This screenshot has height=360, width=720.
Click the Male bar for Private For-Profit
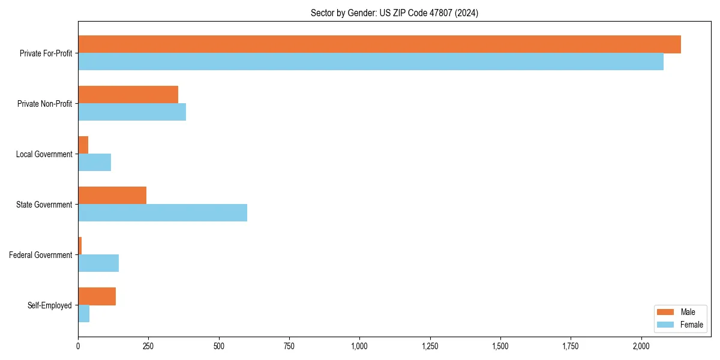click(x=379, y=44)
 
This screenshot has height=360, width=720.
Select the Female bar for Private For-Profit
click(x=371, y=62)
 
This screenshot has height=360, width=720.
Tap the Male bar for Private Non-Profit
click(x=128, y=95)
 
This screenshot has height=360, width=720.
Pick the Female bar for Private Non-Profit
click(x=132, y=112)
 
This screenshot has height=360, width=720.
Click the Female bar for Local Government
click(x=94, y=163)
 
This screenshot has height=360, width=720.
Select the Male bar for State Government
click(x=112, y=196)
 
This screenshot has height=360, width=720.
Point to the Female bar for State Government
click(x=163, y=213)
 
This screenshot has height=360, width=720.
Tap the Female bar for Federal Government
click(x=98, y=263)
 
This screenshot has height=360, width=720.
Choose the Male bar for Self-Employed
click(x=97, y=296)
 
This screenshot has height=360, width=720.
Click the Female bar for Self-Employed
click(x=83, y=314)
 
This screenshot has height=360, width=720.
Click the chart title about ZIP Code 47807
click(x=394, y=13)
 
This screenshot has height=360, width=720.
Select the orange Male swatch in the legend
click(x=666, y=312)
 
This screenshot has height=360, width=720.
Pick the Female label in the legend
click(x=691, y=325)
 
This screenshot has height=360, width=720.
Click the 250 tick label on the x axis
click(x=148, y=346)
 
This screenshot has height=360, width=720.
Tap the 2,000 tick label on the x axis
click(x=641, y=346)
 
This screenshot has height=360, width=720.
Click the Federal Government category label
click(x=41, y=255)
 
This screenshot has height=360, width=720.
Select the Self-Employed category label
click(x=50, y=305)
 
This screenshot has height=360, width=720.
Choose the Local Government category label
click(x=44, y=154)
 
